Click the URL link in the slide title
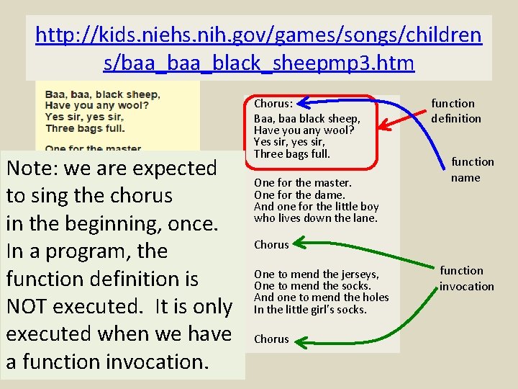(259, 48)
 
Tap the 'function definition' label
(456, 111)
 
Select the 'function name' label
(472, 169)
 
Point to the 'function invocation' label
(467, 278)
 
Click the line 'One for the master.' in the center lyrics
(302, 183)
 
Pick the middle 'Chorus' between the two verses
(271, 245)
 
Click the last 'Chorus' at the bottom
(271, 339)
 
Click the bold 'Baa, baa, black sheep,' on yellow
(102, 94)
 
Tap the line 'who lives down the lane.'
(315, 218)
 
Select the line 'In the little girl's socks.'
(310, 309)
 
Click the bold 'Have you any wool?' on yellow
(96, 106)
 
